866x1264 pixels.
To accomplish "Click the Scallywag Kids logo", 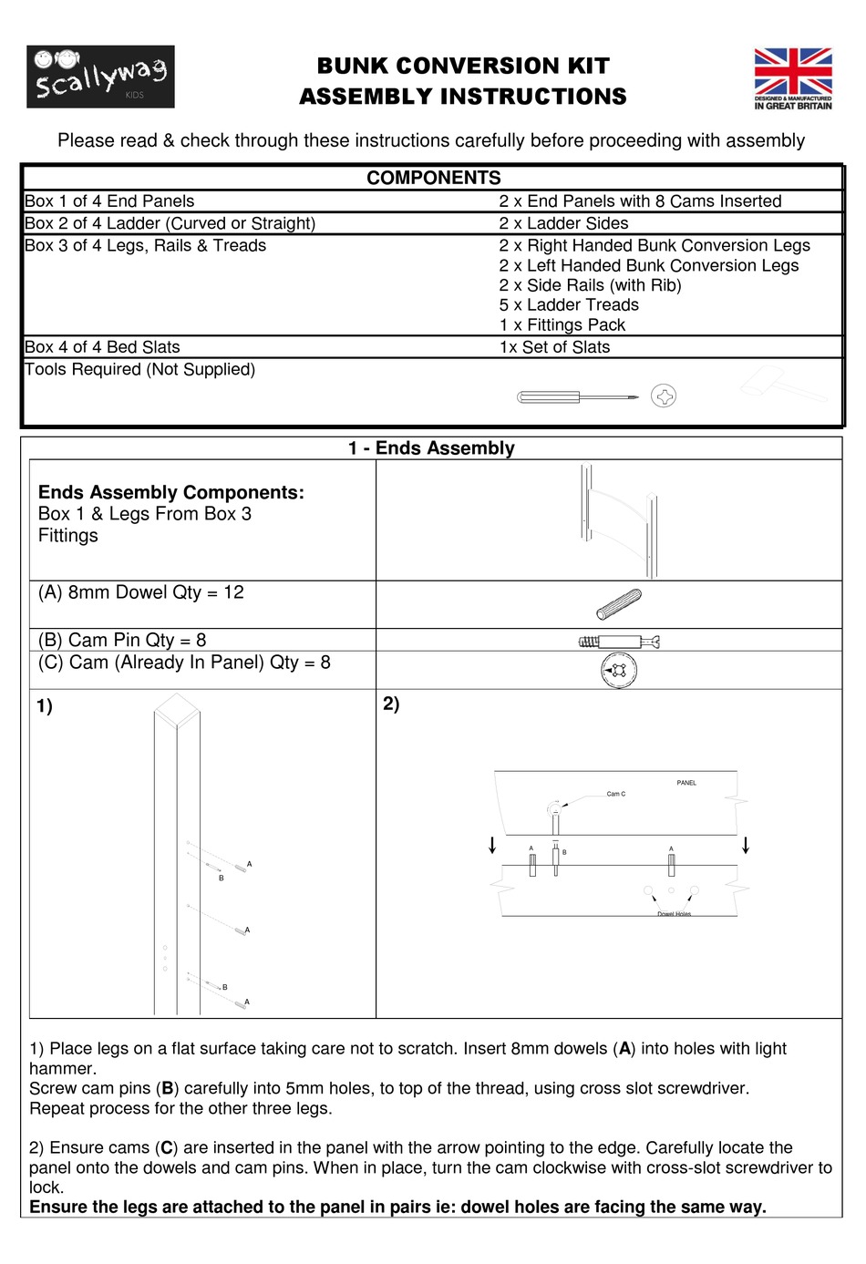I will (x=100, y=77).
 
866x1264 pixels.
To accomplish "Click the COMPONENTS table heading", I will (x=433, y=178).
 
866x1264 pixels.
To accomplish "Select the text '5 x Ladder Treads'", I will (x=568, y=305).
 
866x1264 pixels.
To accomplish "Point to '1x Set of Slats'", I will (x=554, y=347).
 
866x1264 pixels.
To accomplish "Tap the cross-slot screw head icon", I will (x=664, y=396).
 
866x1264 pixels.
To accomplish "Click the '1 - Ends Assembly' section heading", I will (x=431, y=448).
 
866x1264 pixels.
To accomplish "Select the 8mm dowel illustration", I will (x=619, y=603).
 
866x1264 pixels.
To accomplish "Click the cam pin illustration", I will (x=619, y=642).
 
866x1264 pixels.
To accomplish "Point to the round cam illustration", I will (x=619, y=671).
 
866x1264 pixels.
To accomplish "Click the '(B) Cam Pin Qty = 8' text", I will (x=122, y=640).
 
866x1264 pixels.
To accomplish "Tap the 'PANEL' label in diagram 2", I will (x=686, y=783).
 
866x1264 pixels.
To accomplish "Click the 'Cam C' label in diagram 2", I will (x=616, y=794).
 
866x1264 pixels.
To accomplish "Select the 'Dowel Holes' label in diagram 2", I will (x=674, y=913).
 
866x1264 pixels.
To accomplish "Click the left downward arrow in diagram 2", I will (x=492, y=845).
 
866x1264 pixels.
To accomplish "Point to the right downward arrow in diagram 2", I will (x=746, y=845).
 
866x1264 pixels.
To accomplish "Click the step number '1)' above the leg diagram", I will (x=45, y=706).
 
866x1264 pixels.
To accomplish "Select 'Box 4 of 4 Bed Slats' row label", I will (x=102, y=347).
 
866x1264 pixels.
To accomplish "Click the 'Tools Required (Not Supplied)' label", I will (x=139, y=369).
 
